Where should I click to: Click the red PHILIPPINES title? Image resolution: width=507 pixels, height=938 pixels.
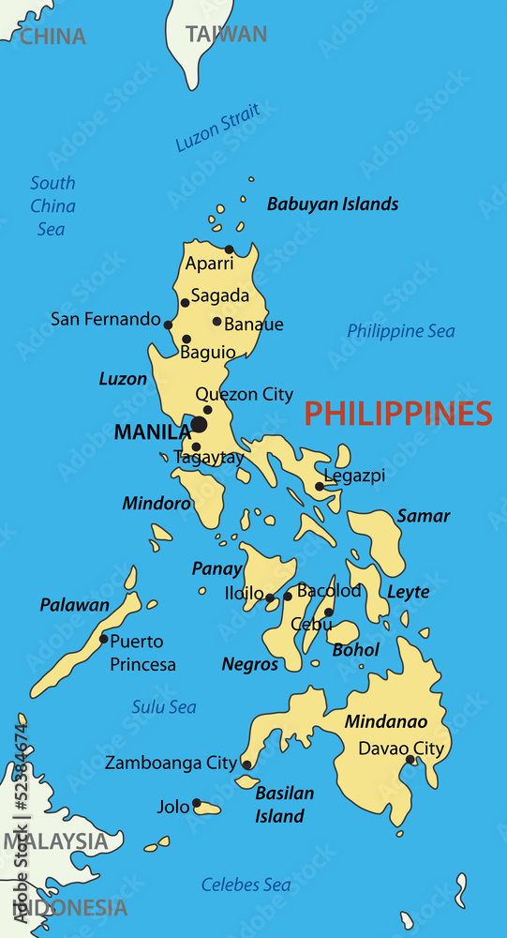(x=398, y=414)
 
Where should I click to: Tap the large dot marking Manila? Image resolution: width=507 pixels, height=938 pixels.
(x=199, y=425)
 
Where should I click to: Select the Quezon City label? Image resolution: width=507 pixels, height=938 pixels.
(x=244, y=395)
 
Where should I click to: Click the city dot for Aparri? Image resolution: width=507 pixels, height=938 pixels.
(x=229, y=250)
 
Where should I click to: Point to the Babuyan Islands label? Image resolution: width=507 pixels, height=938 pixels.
(x=333, y=204)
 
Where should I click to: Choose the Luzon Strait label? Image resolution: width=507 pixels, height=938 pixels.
(x=217, y=129)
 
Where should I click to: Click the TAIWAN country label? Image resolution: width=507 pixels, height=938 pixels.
(x=226, y=35)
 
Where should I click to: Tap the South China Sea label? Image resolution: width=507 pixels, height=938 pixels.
(x=52, y=205)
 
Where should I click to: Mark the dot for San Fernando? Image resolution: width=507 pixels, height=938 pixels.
(x=168, y=325)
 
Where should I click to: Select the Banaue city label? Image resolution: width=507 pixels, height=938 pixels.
(x=254, y=325)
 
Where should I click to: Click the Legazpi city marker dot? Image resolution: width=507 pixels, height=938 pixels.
(x=319, y=486)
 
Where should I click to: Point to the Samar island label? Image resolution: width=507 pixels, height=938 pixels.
(x=423, y=516)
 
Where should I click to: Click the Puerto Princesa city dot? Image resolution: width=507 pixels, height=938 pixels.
(x=103, y=639)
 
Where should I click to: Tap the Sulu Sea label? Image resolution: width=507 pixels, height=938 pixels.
(x=164, y=706)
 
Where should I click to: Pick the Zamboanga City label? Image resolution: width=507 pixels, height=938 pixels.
(x=171, y=763)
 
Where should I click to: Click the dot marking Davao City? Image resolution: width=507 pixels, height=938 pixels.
(x=410, y=760)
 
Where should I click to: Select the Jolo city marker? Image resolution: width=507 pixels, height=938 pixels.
(x=197, y=803)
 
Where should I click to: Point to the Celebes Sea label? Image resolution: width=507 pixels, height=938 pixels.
(x=246, y=885)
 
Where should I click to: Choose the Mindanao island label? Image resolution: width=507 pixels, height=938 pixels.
(x=386, y=722)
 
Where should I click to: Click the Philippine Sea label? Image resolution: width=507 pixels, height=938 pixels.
(x=401, y=331)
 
